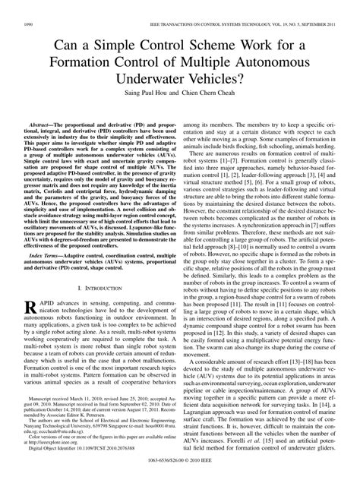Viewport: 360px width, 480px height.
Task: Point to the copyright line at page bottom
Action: tap(180, 472)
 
